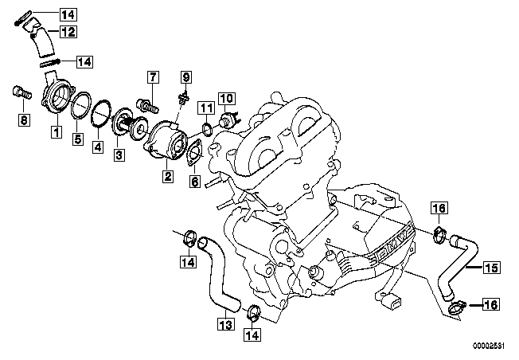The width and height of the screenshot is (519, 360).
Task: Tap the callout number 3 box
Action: point(118,155)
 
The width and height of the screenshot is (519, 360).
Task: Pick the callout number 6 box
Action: point(194,181)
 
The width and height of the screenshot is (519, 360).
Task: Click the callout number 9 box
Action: point(186,76)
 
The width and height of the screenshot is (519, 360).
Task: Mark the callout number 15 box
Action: point(490,268)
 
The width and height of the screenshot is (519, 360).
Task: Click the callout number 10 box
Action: point(225,99)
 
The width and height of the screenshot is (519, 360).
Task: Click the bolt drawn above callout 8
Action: point(20,93)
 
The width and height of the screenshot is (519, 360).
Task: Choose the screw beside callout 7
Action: point(145,104)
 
